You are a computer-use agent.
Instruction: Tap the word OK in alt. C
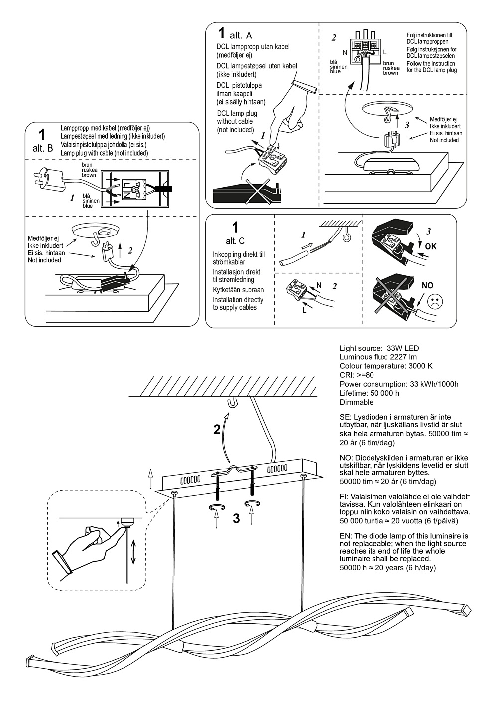[x=431, y=246]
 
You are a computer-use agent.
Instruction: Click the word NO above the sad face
[x=428, y=286]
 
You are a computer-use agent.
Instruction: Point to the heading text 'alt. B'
[x=42, y=149]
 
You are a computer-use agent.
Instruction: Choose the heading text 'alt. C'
[x=235, y=241]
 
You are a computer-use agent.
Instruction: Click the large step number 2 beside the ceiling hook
[x=217, y=429]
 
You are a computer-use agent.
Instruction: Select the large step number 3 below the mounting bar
[x=236, y=518]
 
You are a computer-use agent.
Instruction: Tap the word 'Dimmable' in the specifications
[x=356, y=402]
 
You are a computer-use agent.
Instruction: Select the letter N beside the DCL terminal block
[x=345, y=52]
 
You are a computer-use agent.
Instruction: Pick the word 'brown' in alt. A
[x=390, y=73]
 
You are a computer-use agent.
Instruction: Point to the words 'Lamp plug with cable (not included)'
[x=105, y=153]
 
